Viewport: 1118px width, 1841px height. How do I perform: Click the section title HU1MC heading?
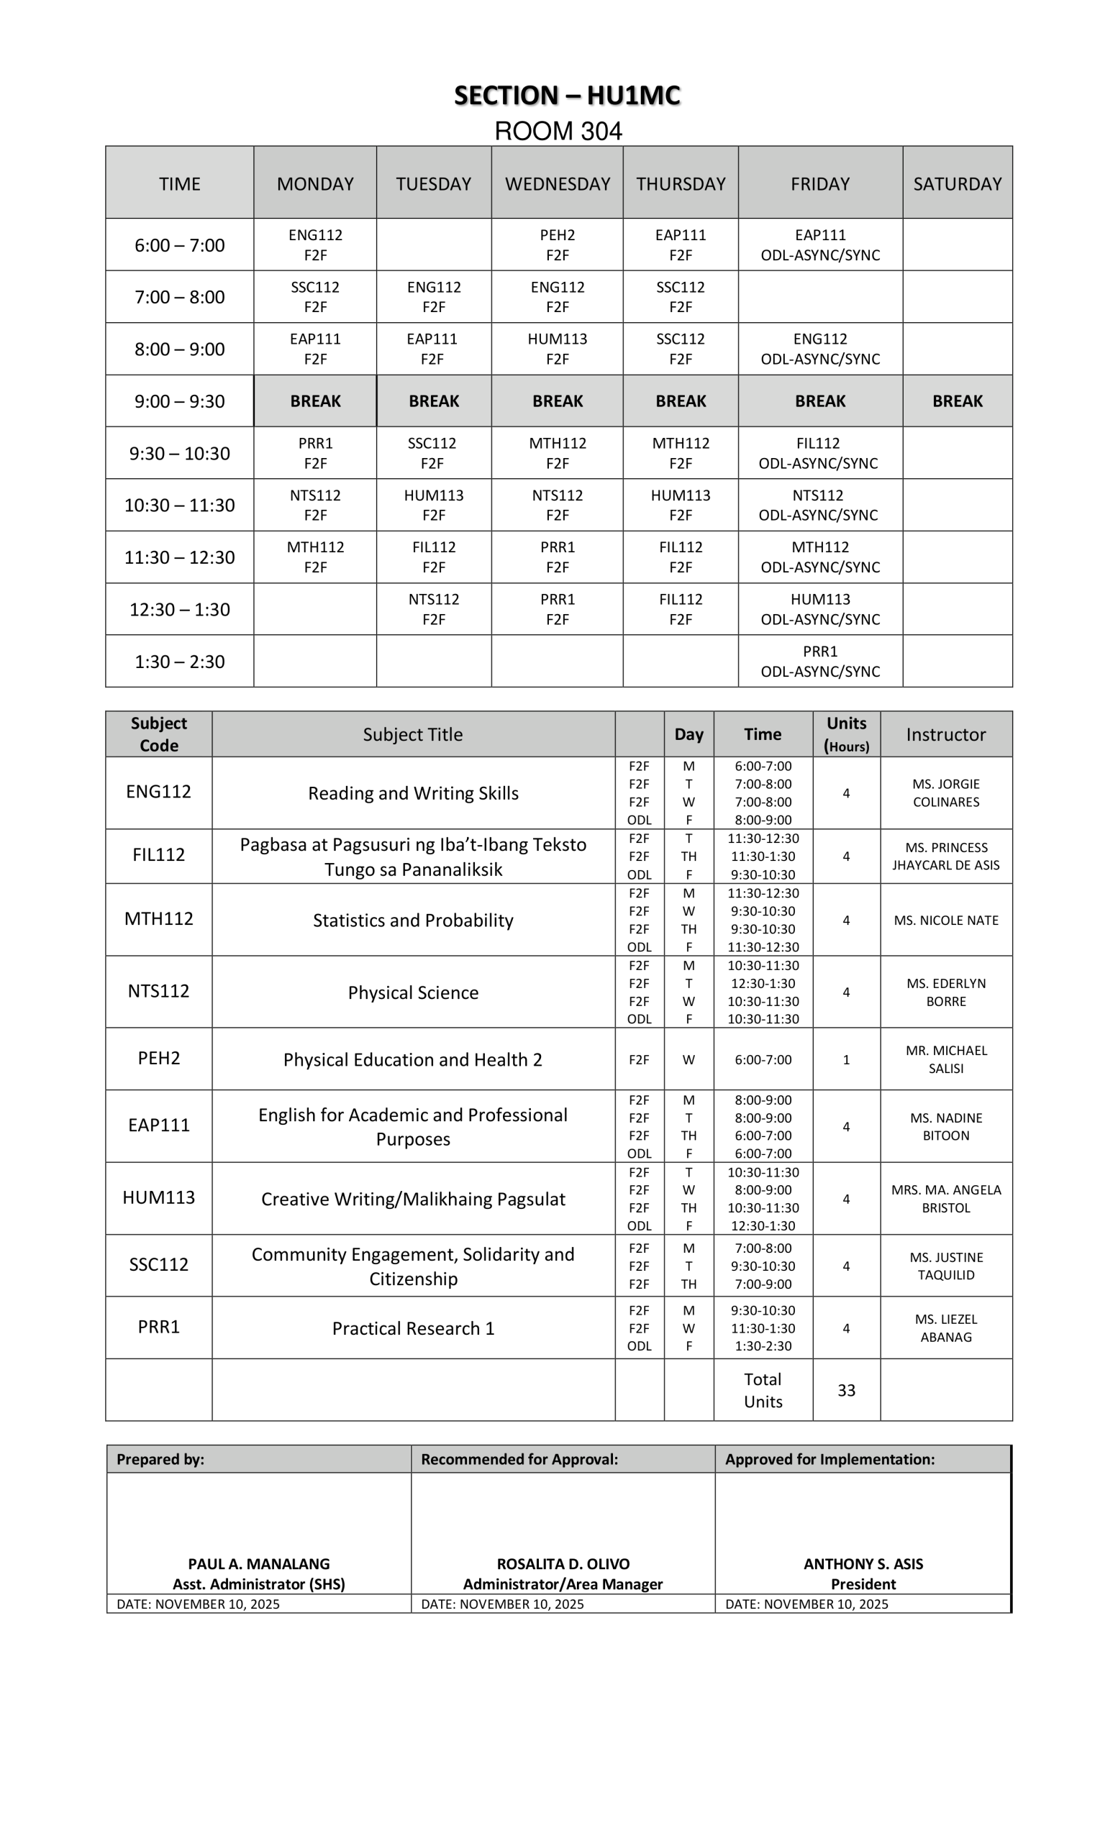point(566,96)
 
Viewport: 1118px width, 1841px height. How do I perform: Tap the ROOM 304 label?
point(558,132)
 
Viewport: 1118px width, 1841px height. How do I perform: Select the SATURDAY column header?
point(957,184)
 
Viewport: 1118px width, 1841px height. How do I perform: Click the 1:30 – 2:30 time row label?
point(179,661)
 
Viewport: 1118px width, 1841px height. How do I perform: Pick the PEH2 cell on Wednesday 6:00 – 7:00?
point(557,245)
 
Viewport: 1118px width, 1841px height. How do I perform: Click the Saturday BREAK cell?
point(957,401)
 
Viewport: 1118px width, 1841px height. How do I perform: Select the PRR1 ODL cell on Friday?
point(820,661)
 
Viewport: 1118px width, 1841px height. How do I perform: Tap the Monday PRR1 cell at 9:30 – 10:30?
point(314,453)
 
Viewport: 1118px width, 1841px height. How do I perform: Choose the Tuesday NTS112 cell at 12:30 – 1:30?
point(433,609)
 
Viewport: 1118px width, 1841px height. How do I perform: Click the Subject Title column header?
point(412,734)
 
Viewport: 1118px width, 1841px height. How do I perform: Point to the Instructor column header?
point(945,734)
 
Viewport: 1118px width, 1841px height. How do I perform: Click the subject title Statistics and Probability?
point(412,920)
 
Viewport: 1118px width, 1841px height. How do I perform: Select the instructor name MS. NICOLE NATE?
point(945,920)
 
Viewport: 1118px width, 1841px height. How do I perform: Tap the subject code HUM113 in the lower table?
point(158,1197)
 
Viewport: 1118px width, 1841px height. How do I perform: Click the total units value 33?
point(846,1389)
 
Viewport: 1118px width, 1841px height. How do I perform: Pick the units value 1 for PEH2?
point(846,1059)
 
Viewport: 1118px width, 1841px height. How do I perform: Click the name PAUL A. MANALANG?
point(258,1564)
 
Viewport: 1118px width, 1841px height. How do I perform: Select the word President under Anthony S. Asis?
point(863,1584)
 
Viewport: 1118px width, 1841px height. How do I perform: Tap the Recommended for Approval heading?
point(519,1459)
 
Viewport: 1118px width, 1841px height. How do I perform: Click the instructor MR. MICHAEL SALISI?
point(945,1059)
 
